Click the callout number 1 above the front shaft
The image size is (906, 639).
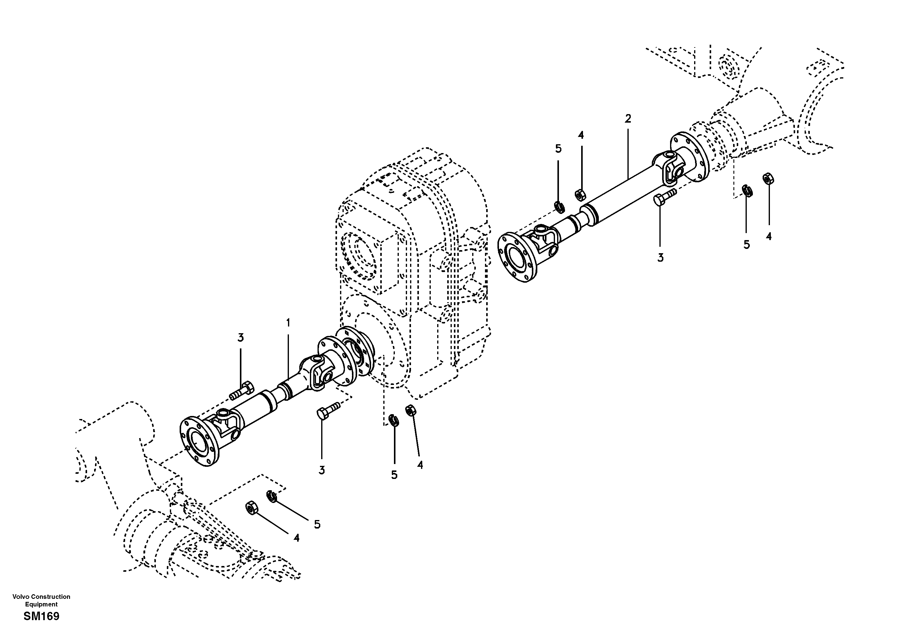(x=288, y=323)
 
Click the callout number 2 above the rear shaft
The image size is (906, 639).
(x=628, y=118)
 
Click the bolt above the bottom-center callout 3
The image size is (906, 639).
(x=328, y=410)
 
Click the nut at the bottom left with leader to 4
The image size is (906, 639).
(x=251, y=508)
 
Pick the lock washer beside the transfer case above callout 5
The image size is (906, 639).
(x=393, y=420)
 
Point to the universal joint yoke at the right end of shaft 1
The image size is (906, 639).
(x=318, y=371)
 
